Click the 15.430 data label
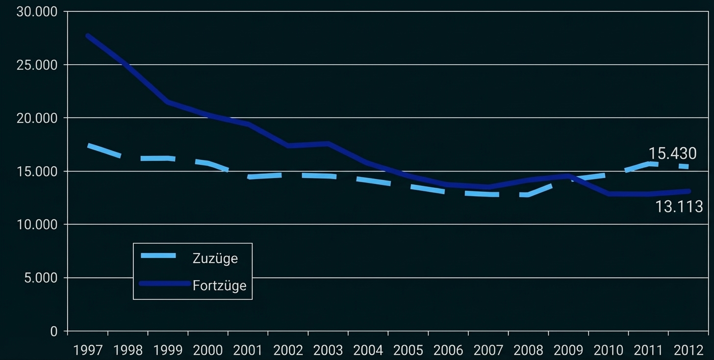click(x=672, y=154)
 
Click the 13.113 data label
click(x=679, y=207)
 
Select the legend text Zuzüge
click(x=215, y=258)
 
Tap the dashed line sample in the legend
click(x=158, y=256)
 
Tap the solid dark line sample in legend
click(x=164, y=283)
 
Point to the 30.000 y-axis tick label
click(x=37, y=12)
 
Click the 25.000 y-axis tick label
click(x=37, y=65)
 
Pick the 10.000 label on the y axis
click(x=37, y=225)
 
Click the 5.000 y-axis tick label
click(x=40, y=278)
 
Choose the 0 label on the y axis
click(x=53, y=332)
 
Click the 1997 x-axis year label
click(x=88, y=350)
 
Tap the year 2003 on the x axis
click(x=328, y=350)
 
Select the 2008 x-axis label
click(x=528, y=350)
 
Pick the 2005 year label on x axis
click(x=408, y=350)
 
